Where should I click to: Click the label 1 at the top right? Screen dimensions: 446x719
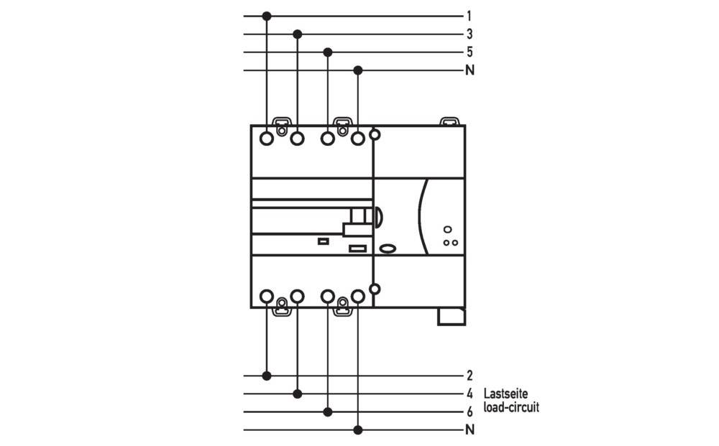click(x=469, y=16)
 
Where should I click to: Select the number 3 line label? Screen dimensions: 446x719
click(x=469, y=34)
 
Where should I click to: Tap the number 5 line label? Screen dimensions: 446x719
click(x=469, y=52)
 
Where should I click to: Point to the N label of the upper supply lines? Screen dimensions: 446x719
click(x=470, y=70)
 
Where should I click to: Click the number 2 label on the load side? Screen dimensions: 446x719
click(x=469, y=376)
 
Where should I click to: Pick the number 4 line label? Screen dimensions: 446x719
click(x=469, y=394)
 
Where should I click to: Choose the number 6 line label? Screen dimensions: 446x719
click(x=469, y=412)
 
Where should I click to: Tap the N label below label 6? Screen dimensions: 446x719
click(x=470, y=430)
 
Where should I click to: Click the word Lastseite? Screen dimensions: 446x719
click(x=505, y=394)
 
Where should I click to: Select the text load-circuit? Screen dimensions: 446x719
click(x=511, y=407)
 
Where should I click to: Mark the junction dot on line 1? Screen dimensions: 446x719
click(x=267, y=16)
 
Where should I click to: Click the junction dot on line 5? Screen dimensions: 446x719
click(x=328, y=52)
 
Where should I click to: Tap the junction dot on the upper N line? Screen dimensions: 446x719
click(x=358, y=70)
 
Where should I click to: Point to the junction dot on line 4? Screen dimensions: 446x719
click(x=298, y=394)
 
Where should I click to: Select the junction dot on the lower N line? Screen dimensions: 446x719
click(x=358, y=430)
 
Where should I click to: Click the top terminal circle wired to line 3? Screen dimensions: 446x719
click(x=298, y=138)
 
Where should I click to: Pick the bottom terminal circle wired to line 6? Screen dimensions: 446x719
click(x=328, y=296)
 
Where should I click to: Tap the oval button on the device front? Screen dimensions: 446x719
click(x=388, y=248)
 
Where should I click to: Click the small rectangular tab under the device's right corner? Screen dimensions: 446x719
click(x=451, y=316)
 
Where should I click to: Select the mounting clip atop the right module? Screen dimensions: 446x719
click(x=449, y=121)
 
